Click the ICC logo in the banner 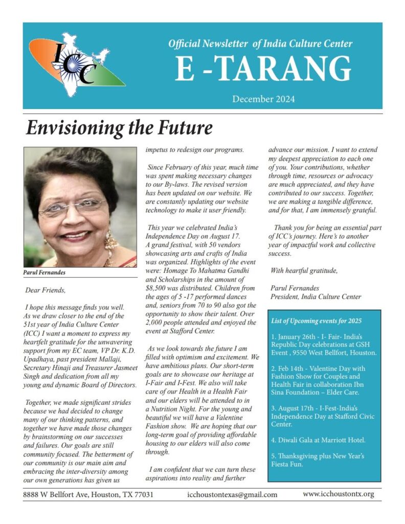76,65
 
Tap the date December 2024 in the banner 263,99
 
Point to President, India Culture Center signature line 316,296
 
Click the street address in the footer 88,495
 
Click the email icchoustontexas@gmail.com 232,495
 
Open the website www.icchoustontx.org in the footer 338,494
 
